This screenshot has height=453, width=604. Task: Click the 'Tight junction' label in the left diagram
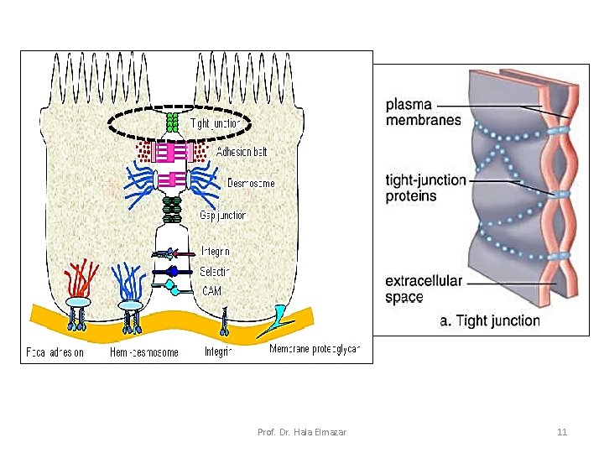coord(216,123)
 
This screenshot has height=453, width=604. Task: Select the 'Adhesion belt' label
coord(242,153)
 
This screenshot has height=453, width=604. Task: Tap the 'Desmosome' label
coord(251,183)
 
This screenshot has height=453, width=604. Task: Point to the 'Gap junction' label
coord(222,216)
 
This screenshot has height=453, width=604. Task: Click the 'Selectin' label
coord(216,271)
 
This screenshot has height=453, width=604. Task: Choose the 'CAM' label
coord(211,291)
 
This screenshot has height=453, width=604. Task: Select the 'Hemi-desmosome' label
coord(144,352)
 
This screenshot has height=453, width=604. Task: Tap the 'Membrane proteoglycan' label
coord(320,348)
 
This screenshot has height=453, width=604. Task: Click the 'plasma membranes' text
coord(423,112)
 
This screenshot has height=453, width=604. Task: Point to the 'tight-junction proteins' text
coord(425,188)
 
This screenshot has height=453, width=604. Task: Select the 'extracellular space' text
coord(424,289)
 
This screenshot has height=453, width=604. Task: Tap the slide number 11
coord(562,432)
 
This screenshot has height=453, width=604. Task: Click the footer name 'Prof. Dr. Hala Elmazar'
coord(302,432)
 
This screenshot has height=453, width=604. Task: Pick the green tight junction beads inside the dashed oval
coord(173,122)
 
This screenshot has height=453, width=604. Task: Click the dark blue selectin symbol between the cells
coord(173,271)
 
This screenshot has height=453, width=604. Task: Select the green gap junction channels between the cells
coord(172,210)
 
